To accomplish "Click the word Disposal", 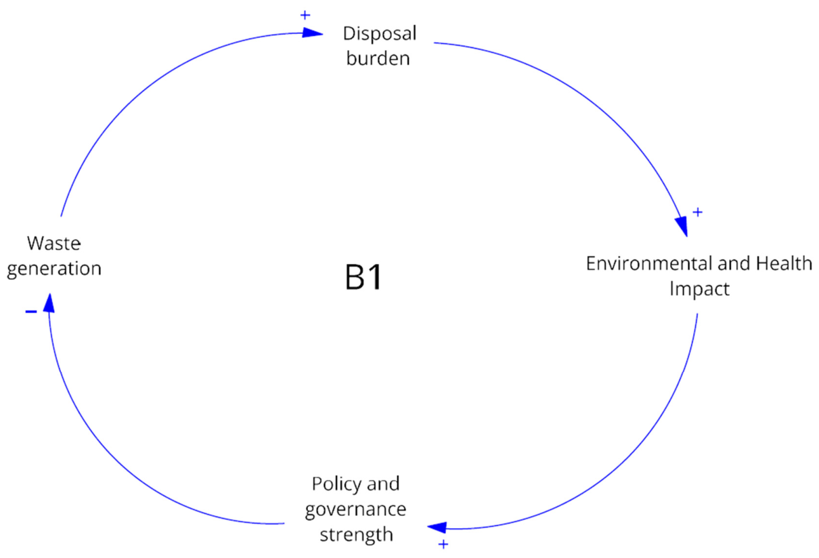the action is [x=380, y=34].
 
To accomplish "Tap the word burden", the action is [x=378, y=58].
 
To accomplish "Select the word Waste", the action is [x=53, y=243].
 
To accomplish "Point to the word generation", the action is [x=54, y=270].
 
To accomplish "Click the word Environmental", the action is [x=649, y=263].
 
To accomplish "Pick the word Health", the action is [x=784, y=263].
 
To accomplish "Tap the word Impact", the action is [x=699, y=289].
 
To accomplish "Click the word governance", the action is [x=356, y=510].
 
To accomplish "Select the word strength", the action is [x=357, y=534].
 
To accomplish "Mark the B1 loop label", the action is [x=363, y=278].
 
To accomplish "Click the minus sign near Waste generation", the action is [x=31, y=312].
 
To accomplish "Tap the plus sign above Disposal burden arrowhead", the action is [x=305, y=15].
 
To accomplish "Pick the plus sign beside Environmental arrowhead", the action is [x=698, y=212].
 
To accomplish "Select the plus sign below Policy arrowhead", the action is [x=443, y=544].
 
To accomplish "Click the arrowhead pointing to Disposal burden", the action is [x=313, y=33].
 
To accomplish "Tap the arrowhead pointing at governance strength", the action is [x=437, y=528].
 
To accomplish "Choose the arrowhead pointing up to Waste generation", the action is [x=49, y=303].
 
